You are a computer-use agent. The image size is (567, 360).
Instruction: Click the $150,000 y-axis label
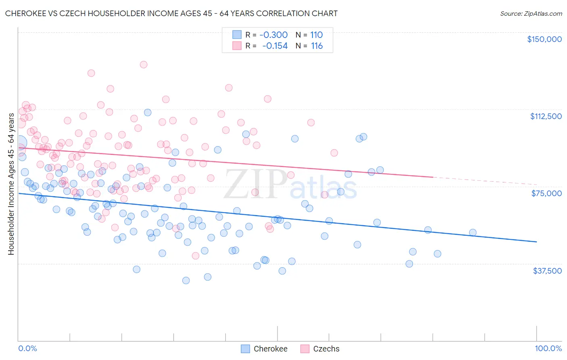544,39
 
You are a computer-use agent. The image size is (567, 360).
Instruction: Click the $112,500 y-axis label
546,116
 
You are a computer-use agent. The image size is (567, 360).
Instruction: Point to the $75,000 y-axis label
546,193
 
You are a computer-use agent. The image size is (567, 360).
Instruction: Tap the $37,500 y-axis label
547,271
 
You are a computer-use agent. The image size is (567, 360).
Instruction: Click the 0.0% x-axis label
27,349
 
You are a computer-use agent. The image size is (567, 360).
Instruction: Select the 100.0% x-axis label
548,349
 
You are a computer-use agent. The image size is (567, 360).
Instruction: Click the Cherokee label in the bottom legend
270,349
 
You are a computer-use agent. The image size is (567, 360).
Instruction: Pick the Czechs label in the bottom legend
326,349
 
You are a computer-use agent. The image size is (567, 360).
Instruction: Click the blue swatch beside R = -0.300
236,35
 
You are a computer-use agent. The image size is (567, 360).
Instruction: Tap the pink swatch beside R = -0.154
236,46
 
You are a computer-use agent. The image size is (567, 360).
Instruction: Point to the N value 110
317,35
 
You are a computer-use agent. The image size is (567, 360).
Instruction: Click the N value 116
317,46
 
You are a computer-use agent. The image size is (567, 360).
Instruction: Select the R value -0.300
273,35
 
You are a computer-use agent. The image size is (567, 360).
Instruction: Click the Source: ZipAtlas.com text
531,13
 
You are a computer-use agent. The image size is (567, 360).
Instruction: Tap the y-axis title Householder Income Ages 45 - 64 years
11,184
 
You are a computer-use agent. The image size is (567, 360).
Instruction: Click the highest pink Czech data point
143,65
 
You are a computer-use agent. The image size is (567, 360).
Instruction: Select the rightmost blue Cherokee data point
473,232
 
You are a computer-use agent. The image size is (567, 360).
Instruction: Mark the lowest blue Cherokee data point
186,280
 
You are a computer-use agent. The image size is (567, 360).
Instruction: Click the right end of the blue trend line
536,241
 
